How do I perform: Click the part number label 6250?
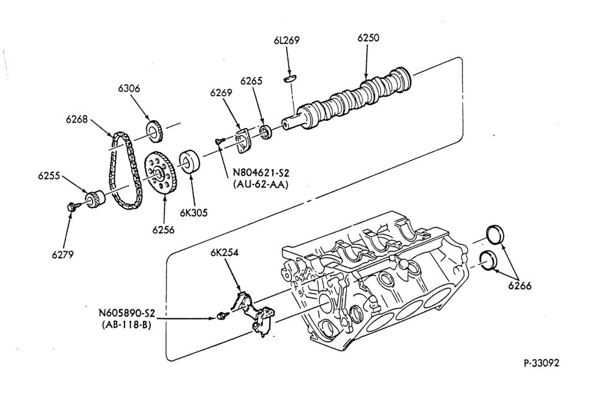click(368, 38)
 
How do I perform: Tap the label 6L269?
click(286, 40)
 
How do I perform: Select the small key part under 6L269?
click(290, 78)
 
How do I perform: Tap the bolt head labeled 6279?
click(71, 207)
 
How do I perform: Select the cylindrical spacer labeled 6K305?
click(190, 163)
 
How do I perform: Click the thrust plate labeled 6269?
click(242, 142)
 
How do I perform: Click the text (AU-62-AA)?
click(260, 184)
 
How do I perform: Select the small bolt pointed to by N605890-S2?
click(221, 316)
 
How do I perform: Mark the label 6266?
click(520, 285)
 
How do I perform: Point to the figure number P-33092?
click(542, 363)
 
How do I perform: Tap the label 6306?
click(129, 88)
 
